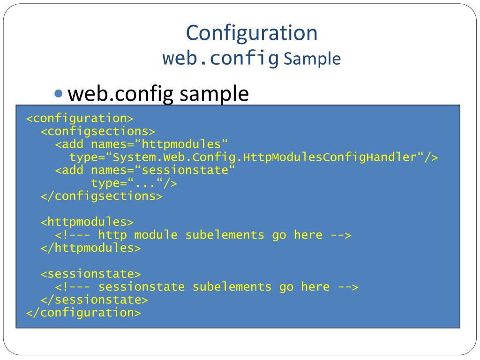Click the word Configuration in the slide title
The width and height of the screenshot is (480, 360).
[x=252, y=33]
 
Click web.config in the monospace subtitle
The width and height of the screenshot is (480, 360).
[x=220, y=59]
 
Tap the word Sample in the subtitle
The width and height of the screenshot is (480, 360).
[x=312, y=60]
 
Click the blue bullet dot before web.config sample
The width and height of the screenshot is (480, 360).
[x=59, y=94]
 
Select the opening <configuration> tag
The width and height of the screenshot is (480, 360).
[x=80, y=118]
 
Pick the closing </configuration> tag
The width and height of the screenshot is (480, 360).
[x=83, y=313]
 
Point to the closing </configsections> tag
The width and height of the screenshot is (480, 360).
[x=101, y=196]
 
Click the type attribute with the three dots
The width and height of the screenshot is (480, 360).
[x=134, y=183]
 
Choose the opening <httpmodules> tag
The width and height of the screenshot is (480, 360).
[x=87, y=222]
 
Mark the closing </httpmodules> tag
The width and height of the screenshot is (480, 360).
[x=90, y=247]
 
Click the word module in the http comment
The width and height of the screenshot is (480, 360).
[x=156, y=235]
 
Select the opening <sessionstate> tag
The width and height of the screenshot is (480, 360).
[x=90, y=274]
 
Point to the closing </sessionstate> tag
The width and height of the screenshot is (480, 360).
[x=94, y=300]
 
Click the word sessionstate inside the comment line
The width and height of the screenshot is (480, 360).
[x=142, y=287]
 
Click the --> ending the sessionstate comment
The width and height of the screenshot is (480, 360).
[x=348, y=287]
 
